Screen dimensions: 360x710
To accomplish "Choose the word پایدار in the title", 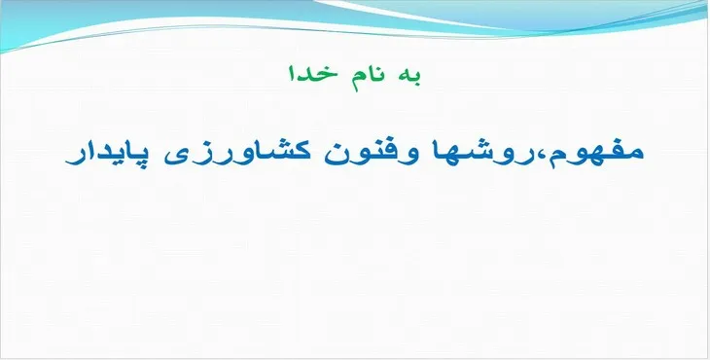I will point(106,156).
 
